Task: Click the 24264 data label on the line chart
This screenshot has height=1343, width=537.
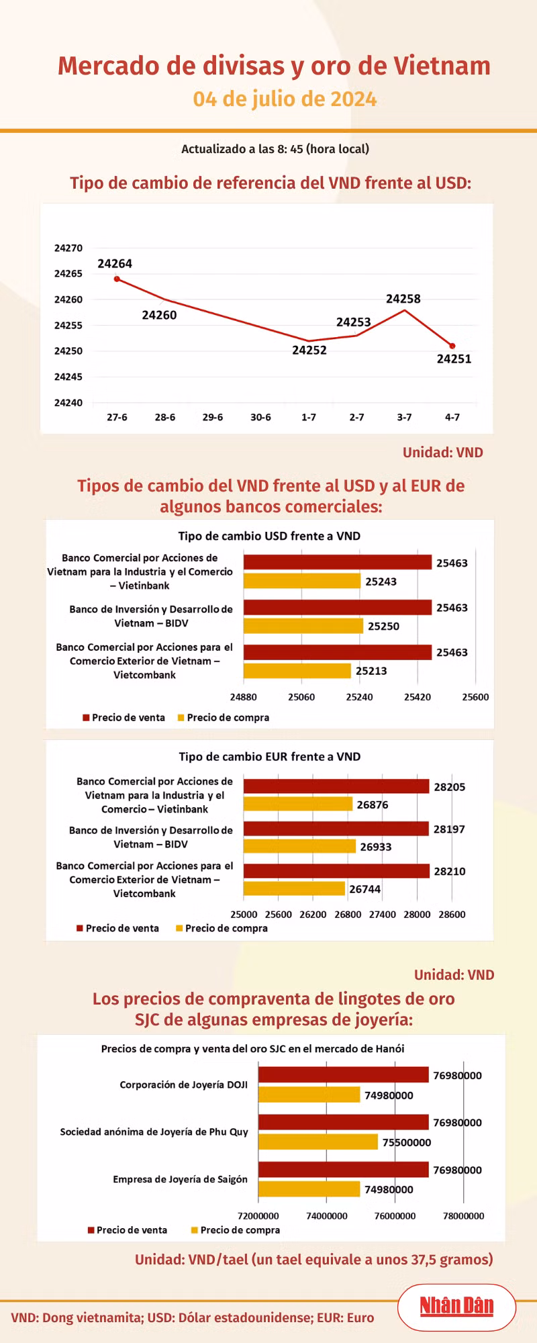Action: tap(115, 264)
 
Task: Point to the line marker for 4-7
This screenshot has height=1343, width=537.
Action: tap(452, 346)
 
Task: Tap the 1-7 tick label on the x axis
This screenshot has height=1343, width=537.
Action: tap(309, 417)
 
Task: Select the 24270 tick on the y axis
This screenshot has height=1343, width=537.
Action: tap(68, 248)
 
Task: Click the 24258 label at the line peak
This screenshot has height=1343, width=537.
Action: tap(403, 299)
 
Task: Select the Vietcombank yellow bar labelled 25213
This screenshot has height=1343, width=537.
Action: tap(297, 671)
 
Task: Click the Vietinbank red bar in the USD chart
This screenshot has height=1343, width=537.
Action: tap(338, 562)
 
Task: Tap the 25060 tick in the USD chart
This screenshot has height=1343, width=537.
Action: tap(301, 697)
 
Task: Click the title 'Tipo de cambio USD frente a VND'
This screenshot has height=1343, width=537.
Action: tap(269, 536)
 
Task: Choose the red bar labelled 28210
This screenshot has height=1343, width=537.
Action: tap(336, 871)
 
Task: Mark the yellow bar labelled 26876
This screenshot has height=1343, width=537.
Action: tap(298, 804)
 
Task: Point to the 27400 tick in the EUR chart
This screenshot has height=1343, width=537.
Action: tap(383, 915)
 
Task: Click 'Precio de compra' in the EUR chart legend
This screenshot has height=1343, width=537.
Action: tap(226, 928)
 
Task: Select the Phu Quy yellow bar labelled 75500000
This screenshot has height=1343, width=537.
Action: tap(318, 1142)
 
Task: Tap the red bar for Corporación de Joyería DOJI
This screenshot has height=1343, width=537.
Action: tap(344, 1074)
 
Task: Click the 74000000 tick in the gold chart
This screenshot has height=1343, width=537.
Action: tap(327, 1216)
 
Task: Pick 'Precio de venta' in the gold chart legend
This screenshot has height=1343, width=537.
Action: tap(132, 1230)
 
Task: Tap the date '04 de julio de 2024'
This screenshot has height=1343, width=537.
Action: tap(285, 99)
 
